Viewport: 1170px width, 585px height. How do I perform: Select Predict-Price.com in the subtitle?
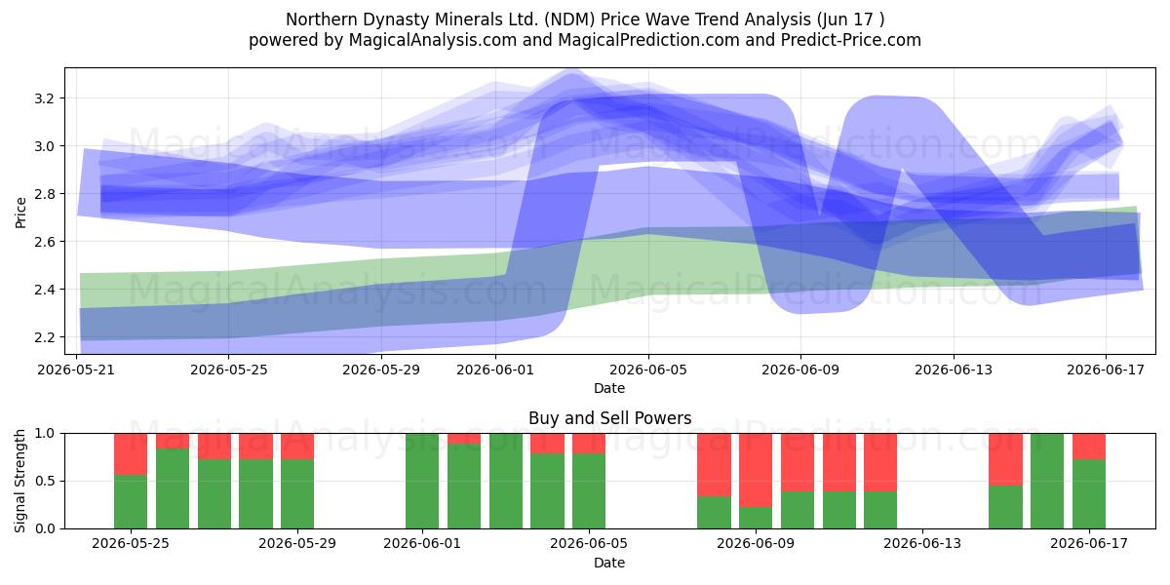850,40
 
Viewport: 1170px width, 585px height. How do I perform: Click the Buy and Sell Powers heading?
609,418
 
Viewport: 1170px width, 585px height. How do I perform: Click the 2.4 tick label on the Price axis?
45,290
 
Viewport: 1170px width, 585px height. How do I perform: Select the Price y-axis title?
20,213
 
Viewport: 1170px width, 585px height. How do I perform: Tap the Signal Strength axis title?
19,481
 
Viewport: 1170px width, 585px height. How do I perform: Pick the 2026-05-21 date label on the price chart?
76,370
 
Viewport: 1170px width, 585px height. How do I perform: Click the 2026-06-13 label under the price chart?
954,370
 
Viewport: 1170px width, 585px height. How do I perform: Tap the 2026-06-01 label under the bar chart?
422,544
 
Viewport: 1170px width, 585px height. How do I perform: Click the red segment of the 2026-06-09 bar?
756,470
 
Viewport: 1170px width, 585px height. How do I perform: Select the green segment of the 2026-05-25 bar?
131,501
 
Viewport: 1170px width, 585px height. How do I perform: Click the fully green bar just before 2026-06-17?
1047,481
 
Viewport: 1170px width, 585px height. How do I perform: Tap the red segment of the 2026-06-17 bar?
1089,447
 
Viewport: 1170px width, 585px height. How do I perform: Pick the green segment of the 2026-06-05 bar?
589,491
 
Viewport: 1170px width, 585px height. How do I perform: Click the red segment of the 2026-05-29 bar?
297,447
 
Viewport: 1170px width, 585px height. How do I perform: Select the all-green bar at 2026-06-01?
422,481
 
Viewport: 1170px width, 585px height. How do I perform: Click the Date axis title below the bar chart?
609,563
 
